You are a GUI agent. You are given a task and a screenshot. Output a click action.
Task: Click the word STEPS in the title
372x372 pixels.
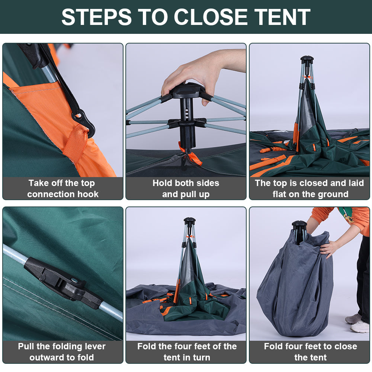[96, 17]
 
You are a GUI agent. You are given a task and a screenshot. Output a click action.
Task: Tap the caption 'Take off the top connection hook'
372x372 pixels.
[62, 188]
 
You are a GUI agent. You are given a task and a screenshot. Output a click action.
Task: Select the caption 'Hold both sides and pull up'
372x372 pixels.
[186, 188]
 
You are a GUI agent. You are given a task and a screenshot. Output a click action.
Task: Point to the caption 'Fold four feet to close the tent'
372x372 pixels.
[310, 352]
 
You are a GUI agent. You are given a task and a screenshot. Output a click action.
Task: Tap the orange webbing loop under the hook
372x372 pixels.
[76, 142]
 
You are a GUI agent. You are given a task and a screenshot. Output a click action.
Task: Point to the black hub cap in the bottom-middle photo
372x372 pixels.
[189, 221]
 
